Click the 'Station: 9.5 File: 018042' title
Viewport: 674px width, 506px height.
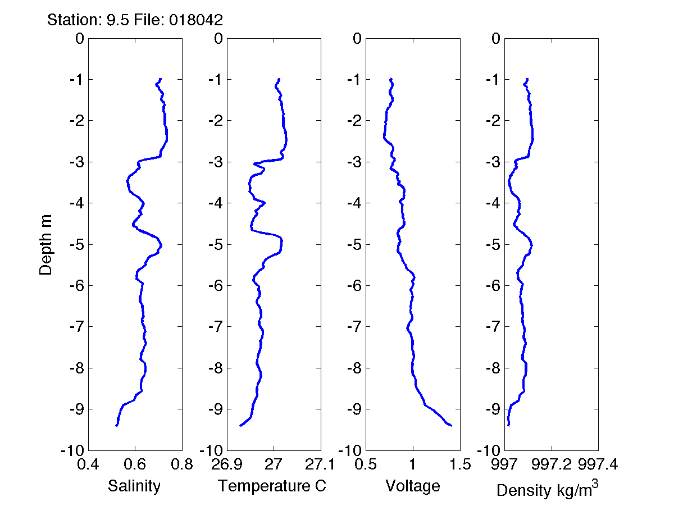coord(135,20)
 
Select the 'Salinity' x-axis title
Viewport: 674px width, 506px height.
coord(134,486)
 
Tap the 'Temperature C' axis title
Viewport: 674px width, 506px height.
coord(272,486)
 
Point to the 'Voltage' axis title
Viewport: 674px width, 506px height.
coord(413,486)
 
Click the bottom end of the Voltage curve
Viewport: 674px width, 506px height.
coord(451,426)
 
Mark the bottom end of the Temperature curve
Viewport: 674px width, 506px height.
coord(240,426)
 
